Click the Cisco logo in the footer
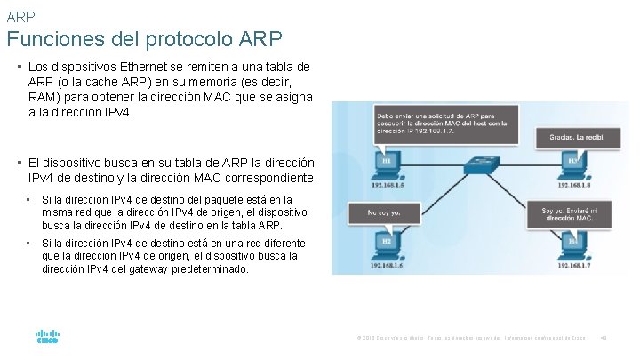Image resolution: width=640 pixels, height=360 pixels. click(46, 338)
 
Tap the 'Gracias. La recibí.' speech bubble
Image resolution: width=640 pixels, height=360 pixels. click(571, 137)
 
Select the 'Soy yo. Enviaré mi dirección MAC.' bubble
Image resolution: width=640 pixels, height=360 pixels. click(572, 213)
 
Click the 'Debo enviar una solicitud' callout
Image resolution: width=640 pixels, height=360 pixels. click(440, 122)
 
